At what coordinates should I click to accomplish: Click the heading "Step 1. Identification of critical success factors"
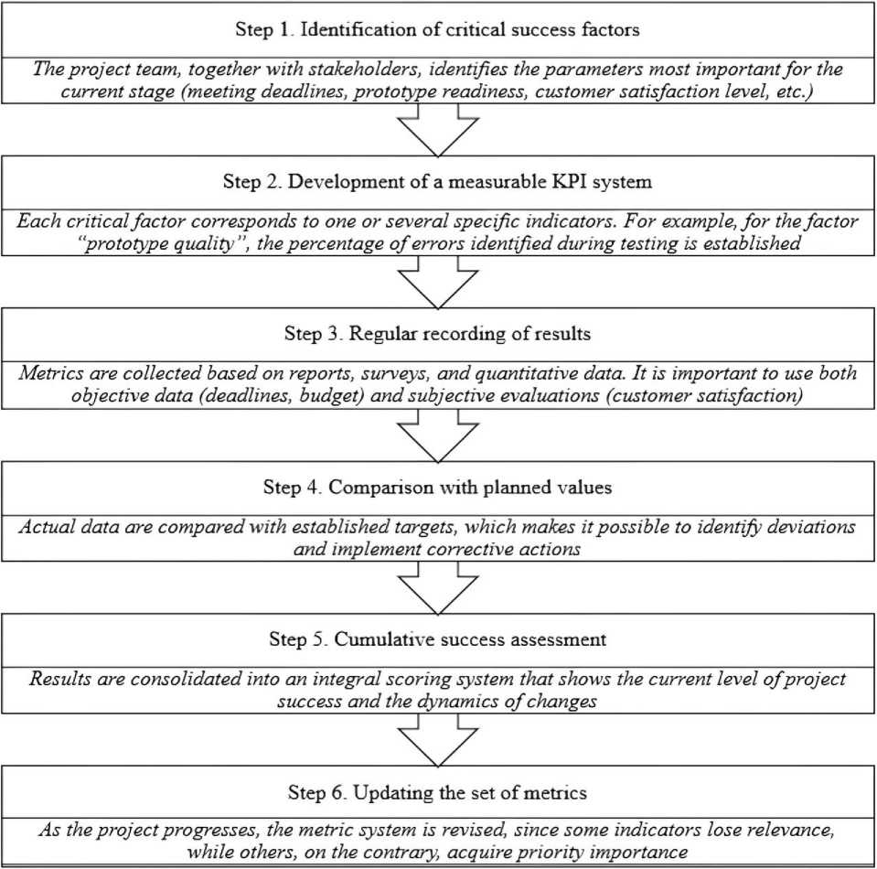[437, 29]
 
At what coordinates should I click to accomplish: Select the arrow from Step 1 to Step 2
[438, 130]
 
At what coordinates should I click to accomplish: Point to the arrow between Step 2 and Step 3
[438, 282]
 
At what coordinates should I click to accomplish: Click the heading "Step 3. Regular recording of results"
[437, 334]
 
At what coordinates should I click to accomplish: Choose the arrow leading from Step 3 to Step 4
[438, 435]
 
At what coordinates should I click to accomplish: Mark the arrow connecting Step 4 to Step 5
[438, 587]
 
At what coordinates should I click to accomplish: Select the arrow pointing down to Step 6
[438, 740]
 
